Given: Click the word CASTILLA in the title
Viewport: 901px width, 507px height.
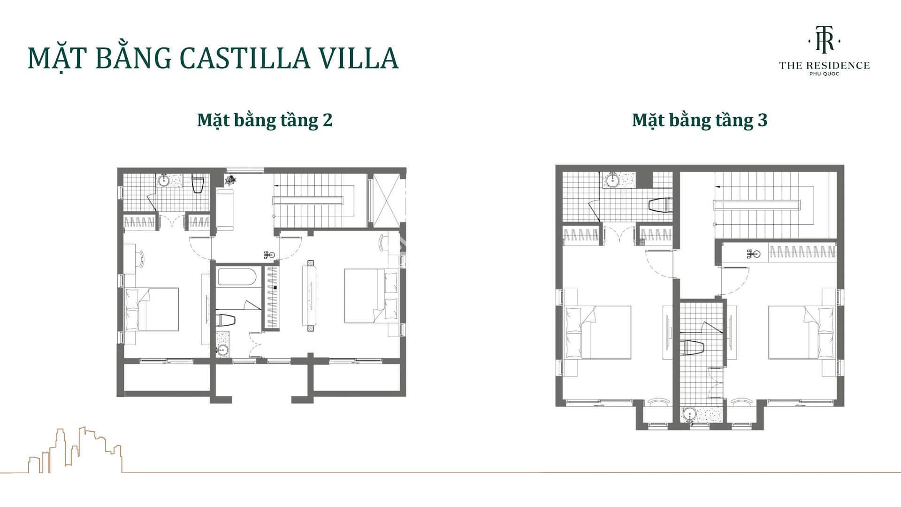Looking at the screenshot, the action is click(244, 58).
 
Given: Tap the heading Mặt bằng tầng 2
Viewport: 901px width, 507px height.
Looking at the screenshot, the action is click(265, 120).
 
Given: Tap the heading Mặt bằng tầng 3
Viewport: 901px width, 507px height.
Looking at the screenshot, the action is click(700, 120).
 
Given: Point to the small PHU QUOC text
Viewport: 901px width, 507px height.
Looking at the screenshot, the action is click(825, 74).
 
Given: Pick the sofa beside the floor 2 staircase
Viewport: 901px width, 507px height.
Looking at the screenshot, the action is click(225, 210).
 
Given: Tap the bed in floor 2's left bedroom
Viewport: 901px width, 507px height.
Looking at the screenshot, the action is click(153, 309).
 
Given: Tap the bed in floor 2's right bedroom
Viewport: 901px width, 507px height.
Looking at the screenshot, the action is click(371, 296).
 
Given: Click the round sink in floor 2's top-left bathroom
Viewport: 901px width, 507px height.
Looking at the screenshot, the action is click(165, 180).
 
